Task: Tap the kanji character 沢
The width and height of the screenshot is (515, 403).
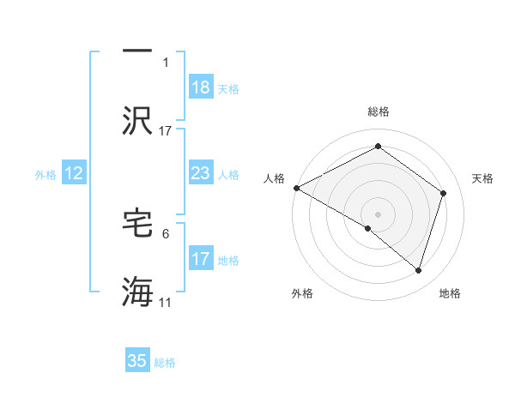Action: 137,121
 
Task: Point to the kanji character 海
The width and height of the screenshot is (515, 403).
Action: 137,292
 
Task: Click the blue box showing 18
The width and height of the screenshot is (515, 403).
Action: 201,87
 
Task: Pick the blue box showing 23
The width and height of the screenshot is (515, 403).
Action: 201,173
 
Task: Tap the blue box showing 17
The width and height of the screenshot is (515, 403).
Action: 201,258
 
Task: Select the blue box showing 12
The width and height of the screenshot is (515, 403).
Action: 74,173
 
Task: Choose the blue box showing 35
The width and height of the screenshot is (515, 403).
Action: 137,361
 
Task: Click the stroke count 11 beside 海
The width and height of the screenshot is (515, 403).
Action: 166,303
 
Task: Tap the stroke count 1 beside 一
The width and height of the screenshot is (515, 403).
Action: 166,63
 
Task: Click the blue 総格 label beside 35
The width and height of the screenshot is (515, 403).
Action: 165,363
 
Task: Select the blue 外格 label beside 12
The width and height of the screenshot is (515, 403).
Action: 45,174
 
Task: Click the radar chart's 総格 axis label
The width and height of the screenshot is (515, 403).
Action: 378,111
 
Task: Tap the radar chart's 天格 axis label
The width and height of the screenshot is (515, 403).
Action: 483,178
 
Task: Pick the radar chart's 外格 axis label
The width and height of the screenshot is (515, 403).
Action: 302,294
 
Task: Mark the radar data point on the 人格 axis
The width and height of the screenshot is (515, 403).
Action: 296,188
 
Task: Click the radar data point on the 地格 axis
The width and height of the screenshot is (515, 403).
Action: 418,270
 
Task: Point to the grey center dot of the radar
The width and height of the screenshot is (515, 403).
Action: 378,214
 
